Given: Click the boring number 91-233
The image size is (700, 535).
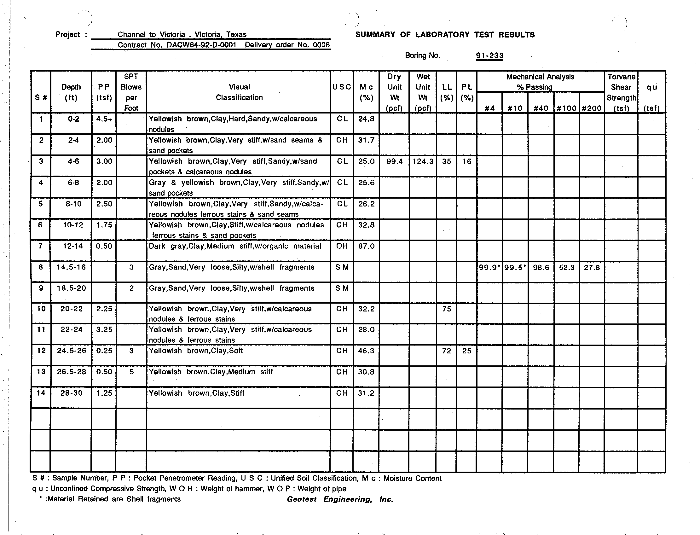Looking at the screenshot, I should (489, 56).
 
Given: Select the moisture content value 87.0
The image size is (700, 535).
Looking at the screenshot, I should (366, 246).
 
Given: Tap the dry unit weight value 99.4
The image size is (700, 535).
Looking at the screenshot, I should (394, 161).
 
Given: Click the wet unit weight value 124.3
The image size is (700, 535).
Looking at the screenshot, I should (423, 161).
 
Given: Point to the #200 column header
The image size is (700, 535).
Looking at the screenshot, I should (592, 108).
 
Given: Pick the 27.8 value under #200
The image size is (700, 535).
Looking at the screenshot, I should (592, 267).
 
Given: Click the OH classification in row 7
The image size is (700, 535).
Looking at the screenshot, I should (342, 246).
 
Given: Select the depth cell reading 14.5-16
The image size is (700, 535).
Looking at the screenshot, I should (71, 267).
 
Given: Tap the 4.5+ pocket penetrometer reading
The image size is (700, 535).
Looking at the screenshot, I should (104, 119).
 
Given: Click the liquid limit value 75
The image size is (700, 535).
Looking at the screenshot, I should (447, 309).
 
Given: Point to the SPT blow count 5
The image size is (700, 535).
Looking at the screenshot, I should (131, 372).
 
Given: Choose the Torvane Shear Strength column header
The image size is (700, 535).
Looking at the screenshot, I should (621, 92).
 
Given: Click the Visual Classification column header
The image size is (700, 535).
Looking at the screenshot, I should (239, 92).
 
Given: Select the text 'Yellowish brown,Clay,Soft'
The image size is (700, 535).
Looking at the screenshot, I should (196, 351).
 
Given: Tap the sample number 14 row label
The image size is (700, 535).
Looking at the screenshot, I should (41, 393).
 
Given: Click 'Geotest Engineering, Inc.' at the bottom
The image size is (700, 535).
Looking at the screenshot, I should (340, 499).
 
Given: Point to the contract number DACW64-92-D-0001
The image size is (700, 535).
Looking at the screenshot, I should (201, 45).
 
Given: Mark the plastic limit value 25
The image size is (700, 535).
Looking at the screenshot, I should (467, 351).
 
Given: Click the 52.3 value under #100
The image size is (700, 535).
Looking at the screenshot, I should (567, 267).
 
